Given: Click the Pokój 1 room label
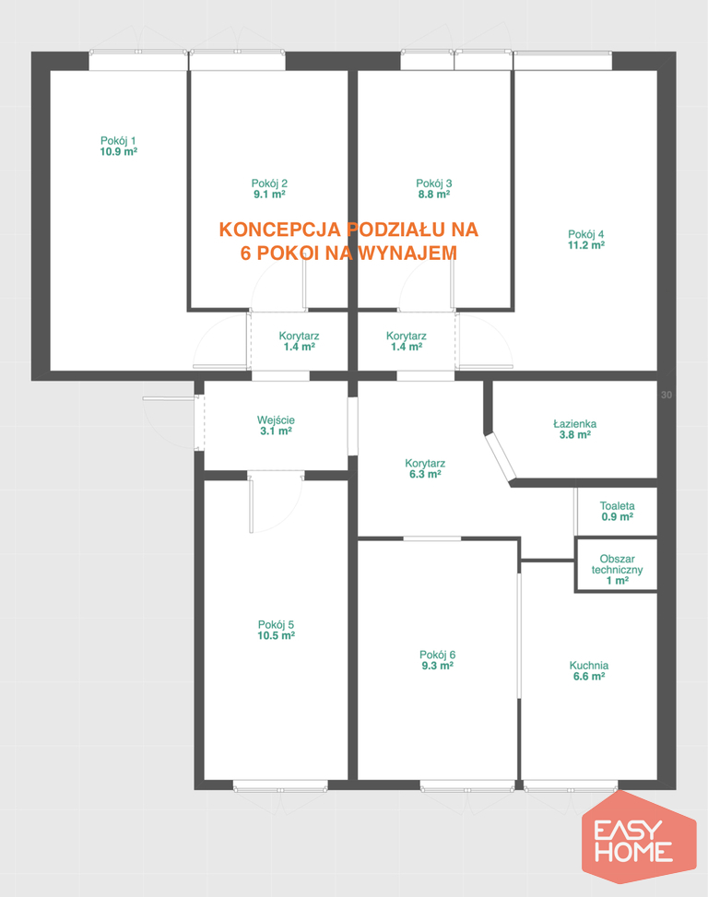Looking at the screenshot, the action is click(118, 141).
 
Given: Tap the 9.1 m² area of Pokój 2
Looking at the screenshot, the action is click(269, 195).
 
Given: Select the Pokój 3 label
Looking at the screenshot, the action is click(434, 183).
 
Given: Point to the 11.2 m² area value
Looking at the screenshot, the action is click(586, 245).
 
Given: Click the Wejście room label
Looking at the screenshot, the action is click(277, 420).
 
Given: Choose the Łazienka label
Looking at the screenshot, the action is click(574, 424).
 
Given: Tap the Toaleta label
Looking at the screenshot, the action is click(617, 506).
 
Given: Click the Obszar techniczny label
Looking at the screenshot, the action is click(617, 564).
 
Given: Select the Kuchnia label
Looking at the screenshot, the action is click(589, 666).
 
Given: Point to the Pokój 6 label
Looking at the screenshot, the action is click(438, 655).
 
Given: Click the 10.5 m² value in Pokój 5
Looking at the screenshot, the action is click(277, 636).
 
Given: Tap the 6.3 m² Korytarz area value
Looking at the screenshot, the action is click(425, 475).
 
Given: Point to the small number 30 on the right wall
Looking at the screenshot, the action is click(667, 395).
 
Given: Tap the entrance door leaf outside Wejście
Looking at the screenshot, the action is click(169, 398).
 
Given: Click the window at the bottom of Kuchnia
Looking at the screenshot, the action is click(570, 788).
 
